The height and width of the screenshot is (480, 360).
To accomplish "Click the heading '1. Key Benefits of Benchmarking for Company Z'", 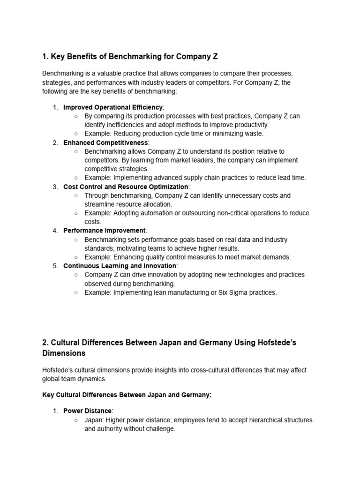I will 130,57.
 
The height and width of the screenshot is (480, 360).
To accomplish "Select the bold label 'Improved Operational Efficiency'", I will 113,107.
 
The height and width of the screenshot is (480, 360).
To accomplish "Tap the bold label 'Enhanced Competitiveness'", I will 105,142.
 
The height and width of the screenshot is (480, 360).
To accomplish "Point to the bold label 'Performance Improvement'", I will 105,231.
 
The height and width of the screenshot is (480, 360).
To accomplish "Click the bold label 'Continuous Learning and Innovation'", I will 120,266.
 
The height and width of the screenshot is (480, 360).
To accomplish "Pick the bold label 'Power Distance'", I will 88,411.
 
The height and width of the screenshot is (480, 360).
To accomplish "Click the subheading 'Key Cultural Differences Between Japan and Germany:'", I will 127,395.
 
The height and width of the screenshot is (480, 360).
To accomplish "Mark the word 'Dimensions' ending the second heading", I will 64,353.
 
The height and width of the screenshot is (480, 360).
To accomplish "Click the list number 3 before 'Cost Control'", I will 55,187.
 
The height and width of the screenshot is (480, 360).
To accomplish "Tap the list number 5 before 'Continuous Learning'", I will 55,266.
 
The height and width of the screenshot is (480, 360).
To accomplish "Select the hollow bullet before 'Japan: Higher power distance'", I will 76,420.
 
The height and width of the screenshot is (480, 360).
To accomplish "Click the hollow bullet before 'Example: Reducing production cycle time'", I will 76,134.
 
